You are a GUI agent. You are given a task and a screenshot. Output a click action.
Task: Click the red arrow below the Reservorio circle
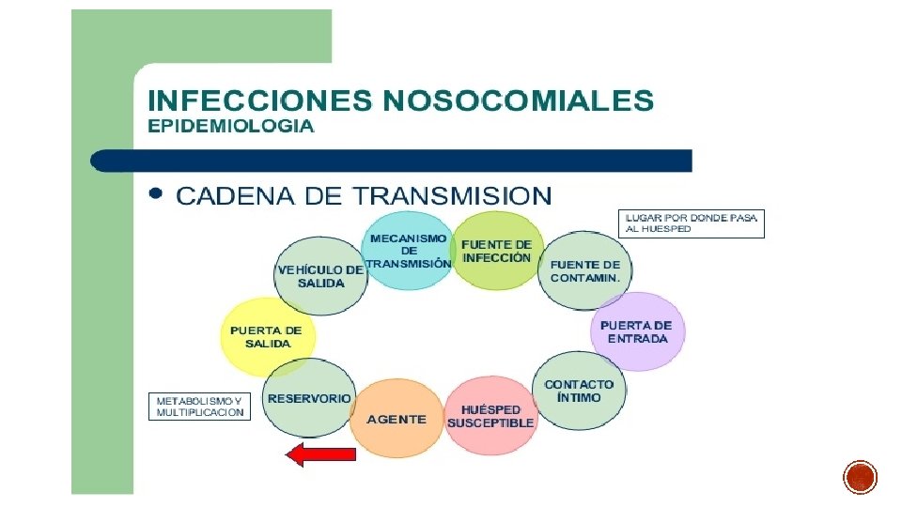pyautogui.click(x=320, y=455)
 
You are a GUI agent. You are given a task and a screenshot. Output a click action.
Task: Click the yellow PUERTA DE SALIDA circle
pyautogui.click(x=266, y=336)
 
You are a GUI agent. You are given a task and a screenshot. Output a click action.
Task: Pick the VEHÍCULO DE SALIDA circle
pyautogui.click(x=321, y=274)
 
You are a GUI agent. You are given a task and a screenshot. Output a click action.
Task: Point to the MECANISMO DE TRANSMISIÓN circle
pyautogui.click(x=408, y=251)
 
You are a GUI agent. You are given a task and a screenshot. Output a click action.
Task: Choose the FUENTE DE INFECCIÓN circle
pyautogui.click(x=497, y=251)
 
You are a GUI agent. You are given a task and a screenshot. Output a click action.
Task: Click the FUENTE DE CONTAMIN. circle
pyautogui.click(x=585, y=271)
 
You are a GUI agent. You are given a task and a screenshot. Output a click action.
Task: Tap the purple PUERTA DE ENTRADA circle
pyautogui.click(x=638, y=331)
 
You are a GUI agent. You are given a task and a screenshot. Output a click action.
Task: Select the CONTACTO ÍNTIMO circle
pyautogui.click(x=579, y=391)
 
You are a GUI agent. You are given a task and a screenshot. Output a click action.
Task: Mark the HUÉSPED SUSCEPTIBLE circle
pyautogui.click(x=490, y=416)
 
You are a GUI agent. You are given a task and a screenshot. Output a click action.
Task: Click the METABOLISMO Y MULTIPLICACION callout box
pyautogui.click(x=200, y=406)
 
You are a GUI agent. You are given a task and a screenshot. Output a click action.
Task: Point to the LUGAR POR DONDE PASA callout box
pyautogui.click(x=692, y=223)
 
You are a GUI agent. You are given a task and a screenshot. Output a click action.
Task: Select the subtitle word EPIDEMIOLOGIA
pyautogui.click(x=230, y=126)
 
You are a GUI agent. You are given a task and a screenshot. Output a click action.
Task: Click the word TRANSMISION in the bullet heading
pyautogui.click(x=452, y=195)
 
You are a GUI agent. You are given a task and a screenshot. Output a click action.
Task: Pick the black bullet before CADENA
pyautogui.click(x=156, y=193)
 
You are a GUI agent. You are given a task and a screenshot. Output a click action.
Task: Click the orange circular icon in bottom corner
pyautogui.click(x=860, y=477)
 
